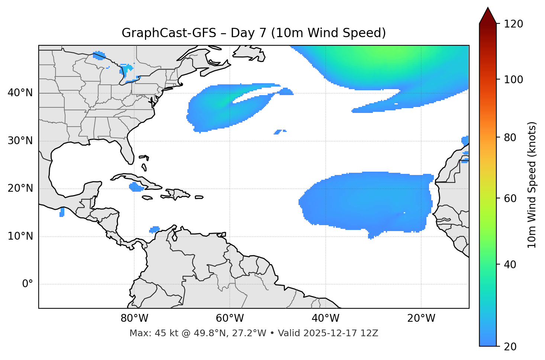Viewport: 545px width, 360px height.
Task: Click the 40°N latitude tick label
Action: pos(20,93)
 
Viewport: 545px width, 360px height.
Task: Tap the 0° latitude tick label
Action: pos(28,284)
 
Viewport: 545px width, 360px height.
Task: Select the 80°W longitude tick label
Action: pos(134,318)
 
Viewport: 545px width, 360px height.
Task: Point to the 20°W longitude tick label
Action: pos(421,318)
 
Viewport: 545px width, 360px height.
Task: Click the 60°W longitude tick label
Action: pos(230,318)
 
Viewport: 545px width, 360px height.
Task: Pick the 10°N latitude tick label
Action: pos(20,236)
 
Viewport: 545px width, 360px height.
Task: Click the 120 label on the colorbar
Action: pos(513,24)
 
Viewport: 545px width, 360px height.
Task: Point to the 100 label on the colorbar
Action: pos(513,80)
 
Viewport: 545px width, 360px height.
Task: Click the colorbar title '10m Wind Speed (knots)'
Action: pos(532,185)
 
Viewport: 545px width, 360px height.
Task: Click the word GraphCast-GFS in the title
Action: pos(169,33)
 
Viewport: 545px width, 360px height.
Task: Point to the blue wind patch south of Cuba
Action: pos(136,187)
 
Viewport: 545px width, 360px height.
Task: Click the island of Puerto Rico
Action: pos(199,197)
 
